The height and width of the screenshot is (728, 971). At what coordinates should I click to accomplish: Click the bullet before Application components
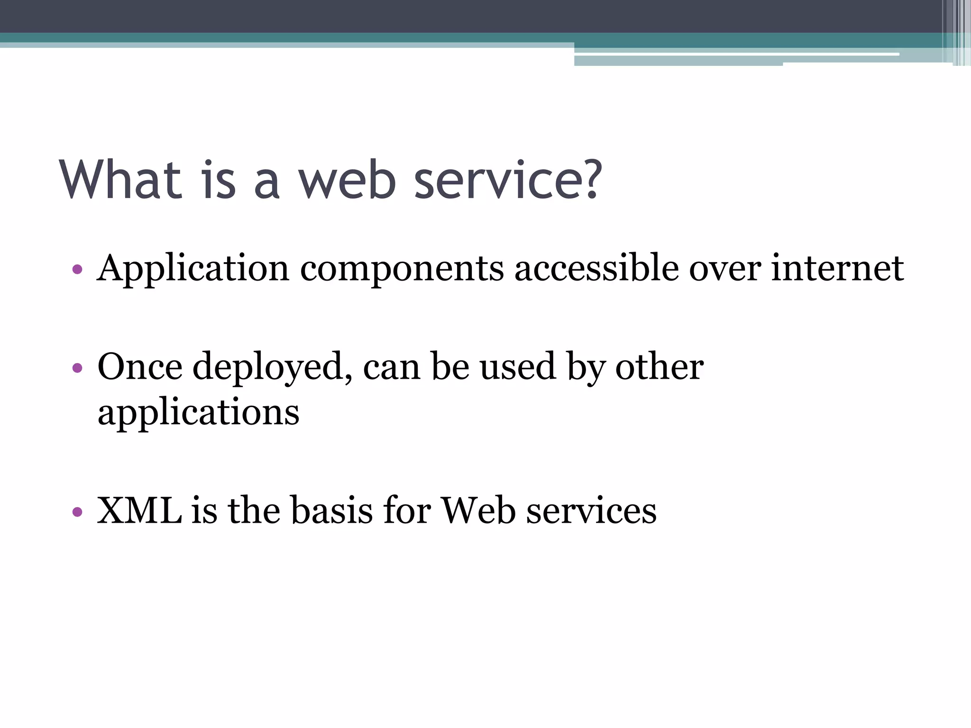(x=77, y=270)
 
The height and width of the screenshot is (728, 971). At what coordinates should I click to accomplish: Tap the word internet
(x=837, y=268)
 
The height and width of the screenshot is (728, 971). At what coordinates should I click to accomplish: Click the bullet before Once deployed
(x=77, y=368)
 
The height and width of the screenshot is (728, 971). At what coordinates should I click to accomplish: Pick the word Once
(x=140, y=367)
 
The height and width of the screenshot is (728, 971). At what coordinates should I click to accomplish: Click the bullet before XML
(x=77, y=512)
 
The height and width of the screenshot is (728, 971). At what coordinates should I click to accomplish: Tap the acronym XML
(x=139, y=511)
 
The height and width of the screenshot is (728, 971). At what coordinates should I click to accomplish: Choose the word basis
(x=331, y=511)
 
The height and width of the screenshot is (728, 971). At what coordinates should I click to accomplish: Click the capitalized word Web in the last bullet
(x=478, y=511)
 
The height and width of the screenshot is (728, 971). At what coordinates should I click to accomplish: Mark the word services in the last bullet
(x=591, y=511)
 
